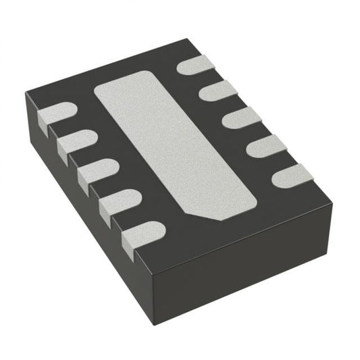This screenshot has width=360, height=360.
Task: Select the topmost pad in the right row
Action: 197,66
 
